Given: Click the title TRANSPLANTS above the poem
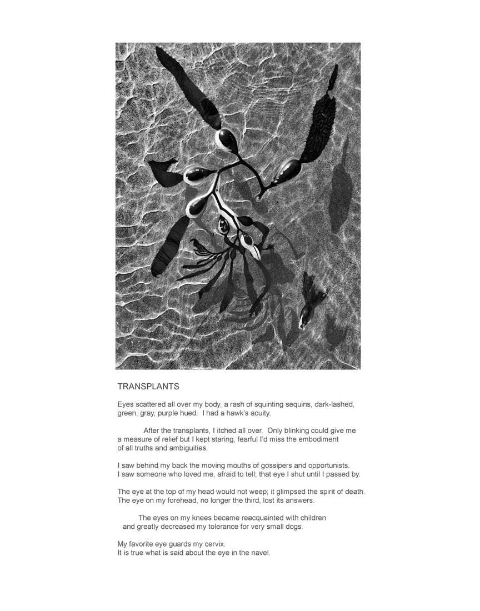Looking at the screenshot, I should pos(148,386).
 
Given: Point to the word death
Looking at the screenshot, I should pos(352,492).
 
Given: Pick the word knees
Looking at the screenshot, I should pos(199,518).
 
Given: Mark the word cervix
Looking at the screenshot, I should pos(213,544).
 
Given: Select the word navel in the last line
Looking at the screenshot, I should pos(258,553).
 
